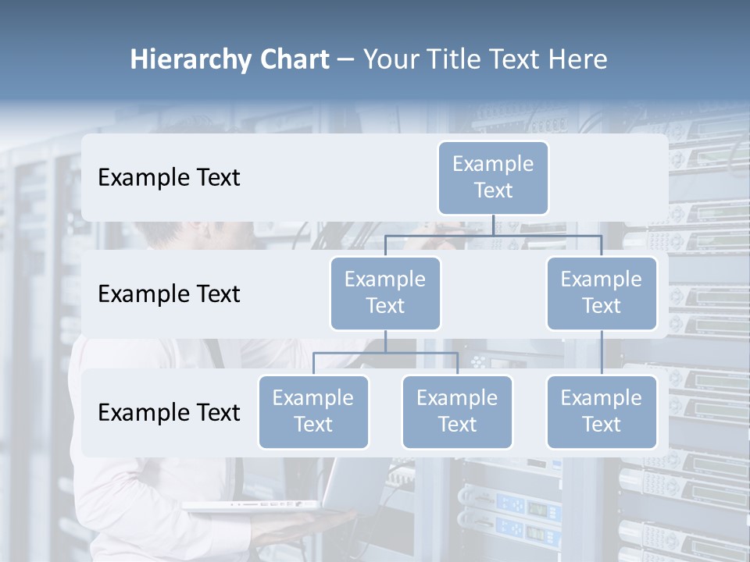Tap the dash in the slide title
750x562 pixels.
click(345, 60)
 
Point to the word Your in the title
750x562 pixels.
click(391, 59)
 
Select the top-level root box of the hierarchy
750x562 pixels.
click(493, 177)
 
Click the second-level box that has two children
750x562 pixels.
click(385, 293)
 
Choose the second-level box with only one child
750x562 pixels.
click(602, 293)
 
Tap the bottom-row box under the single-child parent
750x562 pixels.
click(602, 411)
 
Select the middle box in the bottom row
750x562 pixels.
click(457, 411)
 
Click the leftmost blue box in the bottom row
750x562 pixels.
click(313, 411)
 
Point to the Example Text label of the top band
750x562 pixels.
click(169, 177)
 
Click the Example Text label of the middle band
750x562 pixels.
click(169, 293)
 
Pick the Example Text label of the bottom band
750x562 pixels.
click(169, 412)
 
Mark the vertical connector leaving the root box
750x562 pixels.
click(493, 225)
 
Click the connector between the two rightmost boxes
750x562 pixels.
click(602, 353)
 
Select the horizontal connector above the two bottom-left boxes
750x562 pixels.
click(385, 353)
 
